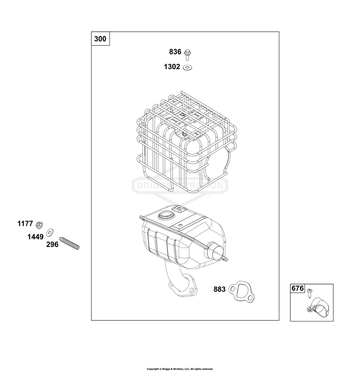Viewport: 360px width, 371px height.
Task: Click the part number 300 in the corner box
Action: coord(100,39)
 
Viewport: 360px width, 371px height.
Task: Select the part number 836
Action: coord(175,52)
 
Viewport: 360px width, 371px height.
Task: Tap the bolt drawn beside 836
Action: coord(188,55)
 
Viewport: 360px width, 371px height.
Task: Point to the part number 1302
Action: coord(172,67)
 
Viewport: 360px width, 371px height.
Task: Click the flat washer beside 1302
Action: coord(188,67)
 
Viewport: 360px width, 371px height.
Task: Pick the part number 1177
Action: coord(25,223)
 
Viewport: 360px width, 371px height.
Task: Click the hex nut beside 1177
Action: coord(39,225)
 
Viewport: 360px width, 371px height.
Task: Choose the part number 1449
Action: coord(36,236)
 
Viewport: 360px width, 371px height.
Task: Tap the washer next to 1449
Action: coord(50,233)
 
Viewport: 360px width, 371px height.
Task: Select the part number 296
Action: coord(52,245)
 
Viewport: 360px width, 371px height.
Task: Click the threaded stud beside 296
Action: coord(69,243)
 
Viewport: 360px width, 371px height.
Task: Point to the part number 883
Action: coord(219,289)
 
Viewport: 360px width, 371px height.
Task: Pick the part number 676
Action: coord(298,288)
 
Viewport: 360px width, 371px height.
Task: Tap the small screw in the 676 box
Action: coord(310,293)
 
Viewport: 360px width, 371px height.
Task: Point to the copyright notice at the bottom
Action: coord(180,369)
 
